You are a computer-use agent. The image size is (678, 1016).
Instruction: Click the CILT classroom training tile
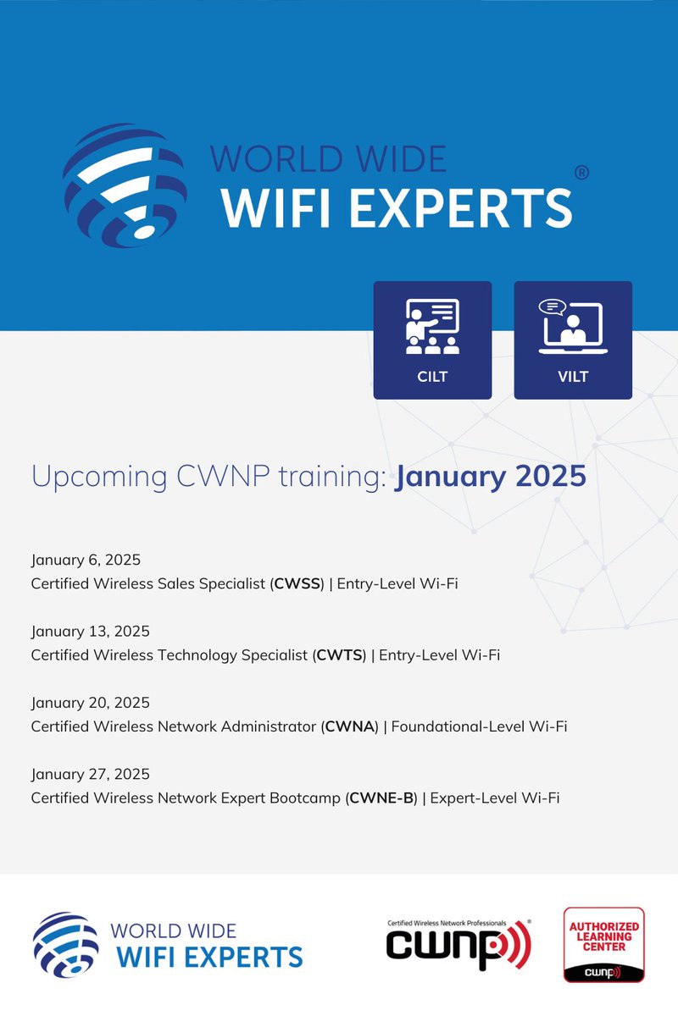(432, 340)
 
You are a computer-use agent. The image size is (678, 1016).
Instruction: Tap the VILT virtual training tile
(573, 340)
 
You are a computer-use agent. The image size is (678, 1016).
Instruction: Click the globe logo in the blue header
(125, 185)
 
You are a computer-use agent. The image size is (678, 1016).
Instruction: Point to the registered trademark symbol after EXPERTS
(581, 173)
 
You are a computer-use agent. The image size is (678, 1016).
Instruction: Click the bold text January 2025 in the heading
(491, 476)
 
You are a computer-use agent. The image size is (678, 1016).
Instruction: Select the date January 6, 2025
(86, 560)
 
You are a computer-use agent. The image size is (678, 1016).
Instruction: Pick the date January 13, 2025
(90, 631)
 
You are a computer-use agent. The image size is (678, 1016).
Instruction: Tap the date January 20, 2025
(91, 703)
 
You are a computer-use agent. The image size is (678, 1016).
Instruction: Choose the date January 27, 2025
(90, 774)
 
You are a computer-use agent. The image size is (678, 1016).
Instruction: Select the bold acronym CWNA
(350, 726)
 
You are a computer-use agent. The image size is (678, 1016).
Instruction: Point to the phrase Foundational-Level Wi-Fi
(479, 726)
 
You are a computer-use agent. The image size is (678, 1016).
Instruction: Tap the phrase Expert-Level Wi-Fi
(495, 798)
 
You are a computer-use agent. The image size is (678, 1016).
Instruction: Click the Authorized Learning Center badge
(604, 945)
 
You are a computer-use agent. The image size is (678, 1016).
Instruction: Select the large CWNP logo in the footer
(458, 944)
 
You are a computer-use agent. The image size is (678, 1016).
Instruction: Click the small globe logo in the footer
(65, 945)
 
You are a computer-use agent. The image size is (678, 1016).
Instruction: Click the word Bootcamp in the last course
(308, 798)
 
